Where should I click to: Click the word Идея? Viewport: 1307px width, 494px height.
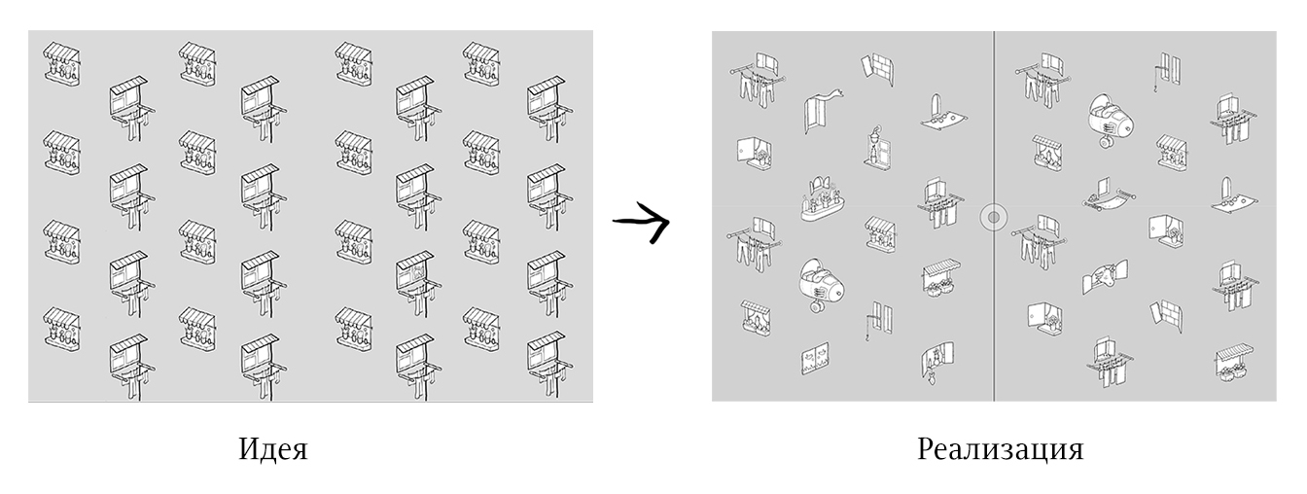coord(273,449)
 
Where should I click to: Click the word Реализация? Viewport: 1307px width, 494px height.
coord(1000,449)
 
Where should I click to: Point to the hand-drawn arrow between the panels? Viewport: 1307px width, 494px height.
coord(641,222)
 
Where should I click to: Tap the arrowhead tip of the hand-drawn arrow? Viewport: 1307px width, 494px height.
coord(669,221)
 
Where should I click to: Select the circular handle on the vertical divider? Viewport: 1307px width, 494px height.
coord(993,218)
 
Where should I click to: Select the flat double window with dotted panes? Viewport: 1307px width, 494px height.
coord(816,359)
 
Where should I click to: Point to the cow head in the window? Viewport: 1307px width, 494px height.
coord(1104,275)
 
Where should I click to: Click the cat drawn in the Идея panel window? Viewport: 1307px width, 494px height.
coord(418,273)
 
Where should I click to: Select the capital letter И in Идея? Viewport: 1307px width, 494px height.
coord(249,448)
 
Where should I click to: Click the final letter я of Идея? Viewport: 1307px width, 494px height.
coord(300,452)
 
